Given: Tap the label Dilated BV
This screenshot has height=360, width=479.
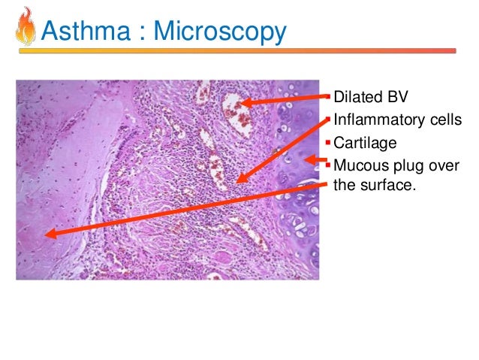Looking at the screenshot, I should point(369,97).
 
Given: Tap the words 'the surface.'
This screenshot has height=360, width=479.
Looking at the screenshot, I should point(372,185).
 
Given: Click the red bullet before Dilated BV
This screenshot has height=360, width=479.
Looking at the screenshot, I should point(327,97).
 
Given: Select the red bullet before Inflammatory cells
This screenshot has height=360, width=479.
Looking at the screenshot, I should point(327,119).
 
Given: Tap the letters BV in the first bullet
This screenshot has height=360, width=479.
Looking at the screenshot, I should point(394,97).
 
